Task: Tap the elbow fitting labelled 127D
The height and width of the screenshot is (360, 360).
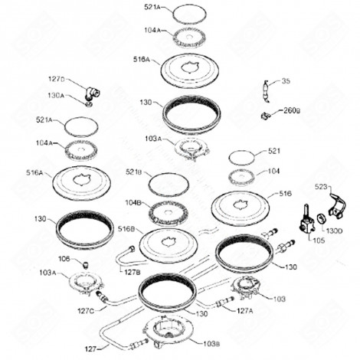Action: [x=93, y=92]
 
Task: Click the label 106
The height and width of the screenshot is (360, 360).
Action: [x=64, y=259]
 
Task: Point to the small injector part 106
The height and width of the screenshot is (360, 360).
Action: [x=87, y=264]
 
